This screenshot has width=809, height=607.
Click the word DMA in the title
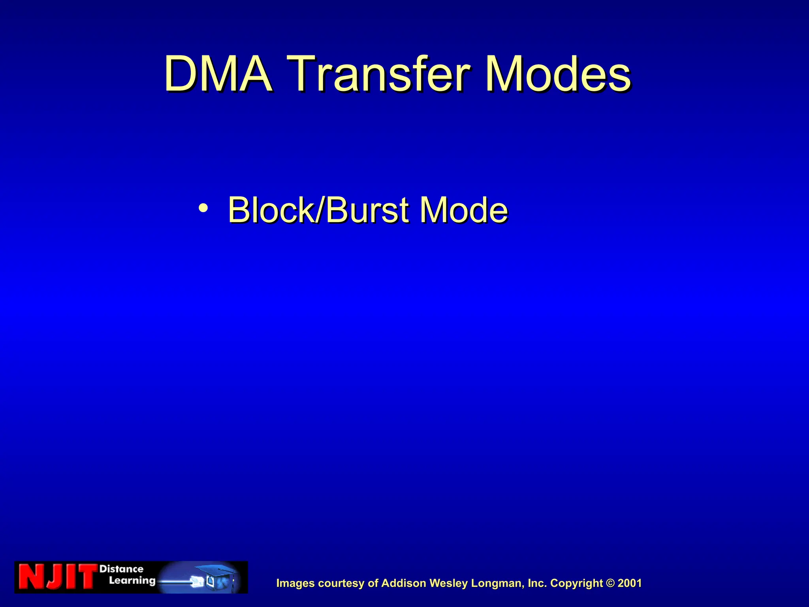coord(218,74)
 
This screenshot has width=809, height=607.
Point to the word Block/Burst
coord(318,210)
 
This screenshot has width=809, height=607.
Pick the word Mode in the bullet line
coord(463,210)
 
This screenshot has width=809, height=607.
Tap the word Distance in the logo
coord(121,569)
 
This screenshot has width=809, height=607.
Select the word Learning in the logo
coord(132,581)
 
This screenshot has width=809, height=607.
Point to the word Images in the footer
coord(295,583)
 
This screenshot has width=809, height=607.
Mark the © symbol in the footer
coord(610,583)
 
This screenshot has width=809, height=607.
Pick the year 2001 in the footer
coord(630,583)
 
